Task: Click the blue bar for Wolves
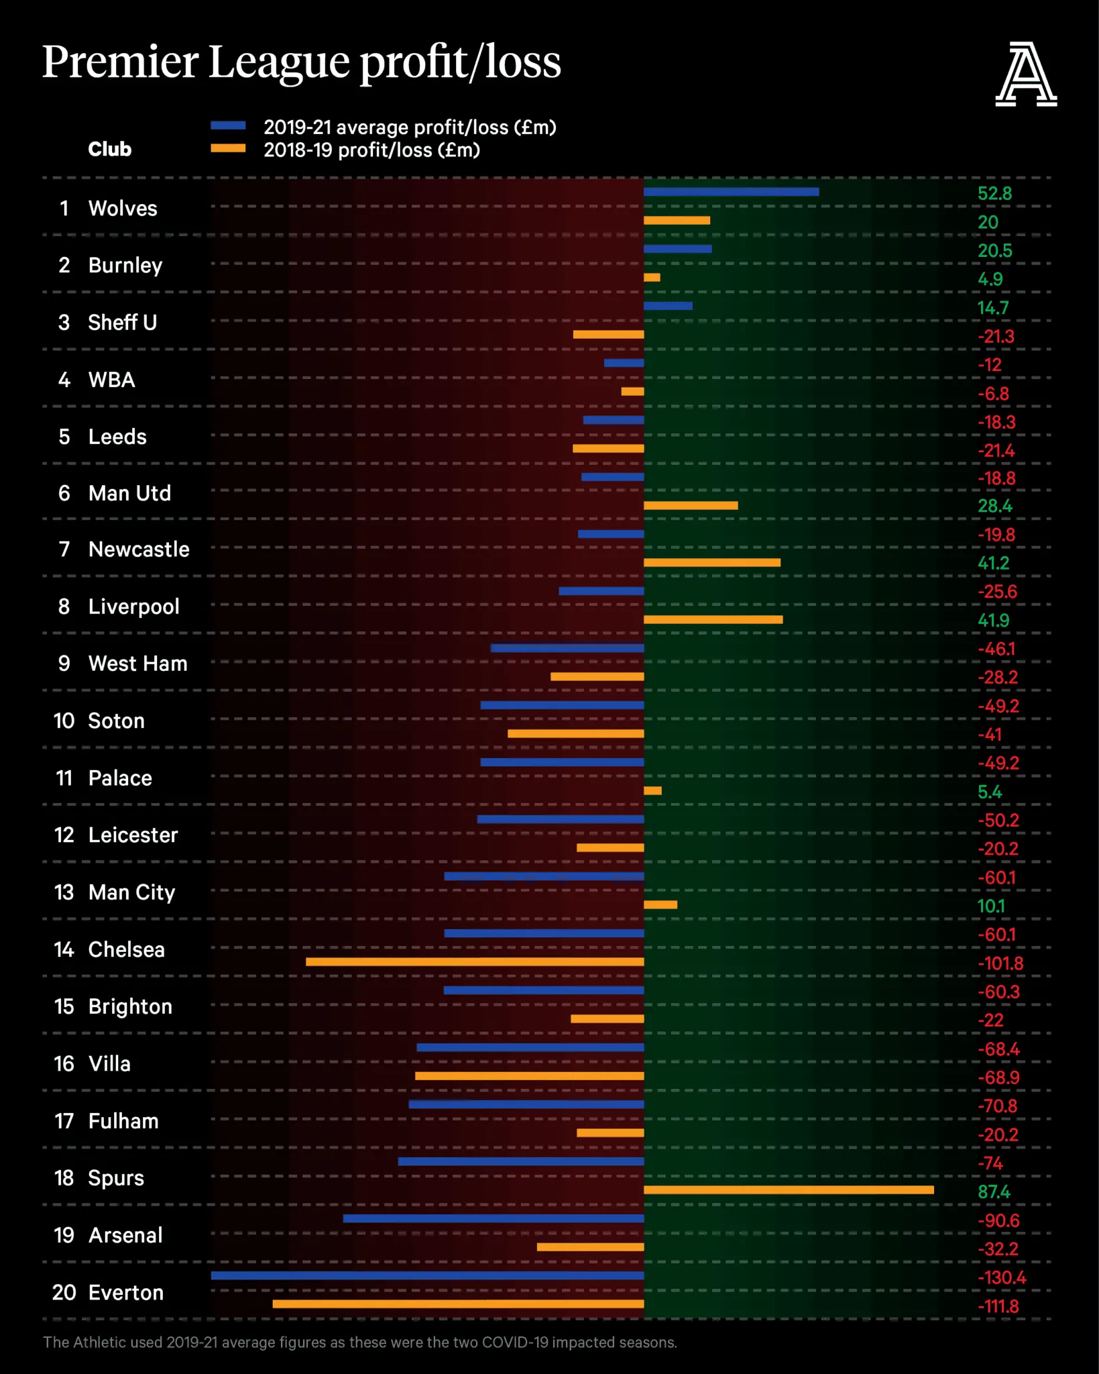[731, 192]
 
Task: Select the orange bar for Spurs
[789, 1190]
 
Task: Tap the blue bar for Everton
[427, 1275]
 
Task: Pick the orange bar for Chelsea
[475, 961]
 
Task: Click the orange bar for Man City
[660, 904]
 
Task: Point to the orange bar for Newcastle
[712, 562]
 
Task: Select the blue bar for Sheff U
[668, 306]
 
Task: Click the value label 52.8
[994, 194]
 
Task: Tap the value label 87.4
[994, 1192]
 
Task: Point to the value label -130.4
[1002, 1277]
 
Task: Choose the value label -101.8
[1000, 963]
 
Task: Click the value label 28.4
[995, 506]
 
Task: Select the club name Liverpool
[134, 606]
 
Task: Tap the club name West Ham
[138, 664]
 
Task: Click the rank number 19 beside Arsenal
[64, 1235]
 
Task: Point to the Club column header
[110, 149]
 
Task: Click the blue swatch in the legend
[228, 125]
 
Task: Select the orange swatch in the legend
[228, 148]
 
